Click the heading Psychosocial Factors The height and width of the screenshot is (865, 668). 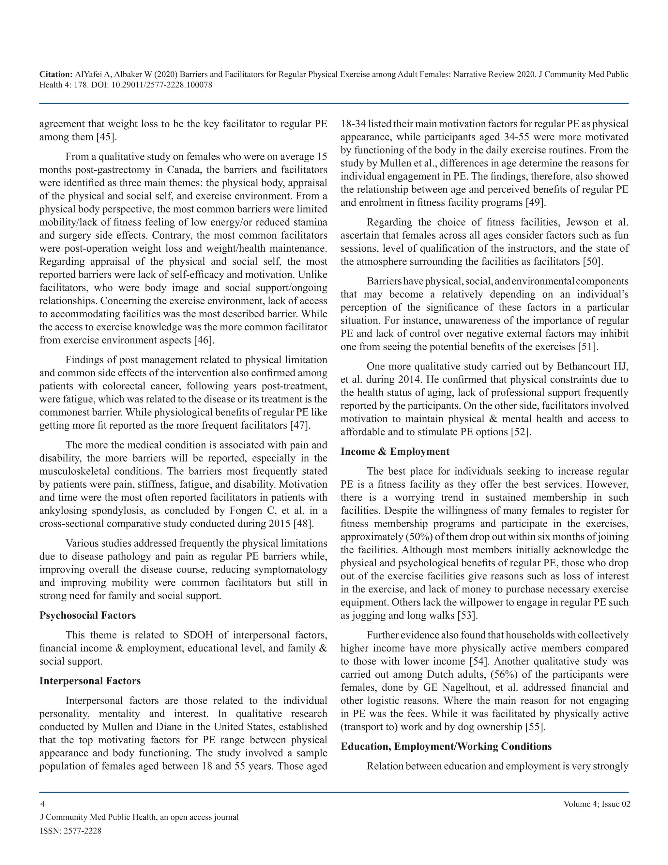click(87, 615)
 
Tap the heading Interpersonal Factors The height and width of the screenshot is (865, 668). click(90, 681)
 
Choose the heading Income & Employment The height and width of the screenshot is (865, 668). click(395, 451)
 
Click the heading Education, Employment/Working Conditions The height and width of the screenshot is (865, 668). click(446, 746)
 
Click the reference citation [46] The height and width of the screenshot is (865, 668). click(204, 340)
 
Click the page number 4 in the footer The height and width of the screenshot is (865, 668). click(42, 804)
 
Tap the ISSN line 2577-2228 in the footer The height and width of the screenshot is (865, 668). click(71, 830)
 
